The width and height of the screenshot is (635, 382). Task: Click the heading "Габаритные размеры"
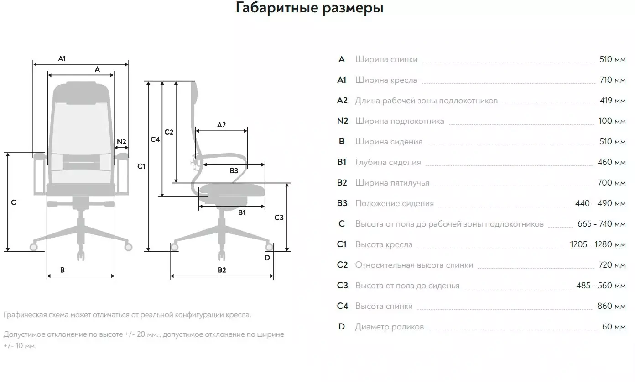pyautogui.click(x=309, y=8)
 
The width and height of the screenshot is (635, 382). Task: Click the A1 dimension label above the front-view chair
pyautogui.click(x=62, y=58)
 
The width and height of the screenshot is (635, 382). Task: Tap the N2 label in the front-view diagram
pyautogui.click(x=121, y=141)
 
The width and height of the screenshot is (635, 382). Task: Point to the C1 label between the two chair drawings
pyautogui.click(x=141, y=166)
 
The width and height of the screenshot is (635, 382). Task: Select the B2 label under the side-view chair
pyautogui.click(x=222, y=270)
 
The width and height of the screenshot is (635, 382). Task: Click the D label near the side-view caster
pyautogui.click(x=267, y=257)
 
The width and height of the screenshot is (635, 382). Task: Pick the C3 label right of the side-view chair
pyautogui.click(x=279, y=218)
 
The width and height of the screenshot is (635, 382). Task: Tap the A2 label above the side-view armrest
pyautogui.click(x=221, y=125)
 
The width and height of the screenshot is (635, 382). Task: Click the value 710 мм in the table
pyautogui.click(x=612, y=80)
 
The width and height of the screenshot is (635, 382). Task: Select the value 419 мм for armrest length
pyautogui.click(x=612, y=101)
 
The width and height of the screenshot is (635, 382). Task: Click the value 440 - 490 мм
pyautogui.click(x=600, y=203)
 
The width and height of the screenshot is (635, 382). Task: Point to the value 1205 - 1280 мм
pyautogui.click(x=598, y=244)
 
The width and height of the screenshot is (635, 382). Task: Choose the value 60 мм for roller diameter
pyautogui.click(x=614, y=327)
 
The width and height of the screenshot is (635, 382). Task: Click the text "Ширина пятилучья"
pyautogui.click(x=392, y=183)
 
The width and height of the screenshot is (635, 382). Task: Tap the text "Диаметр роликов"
pyautogui.click(x=389, y=327)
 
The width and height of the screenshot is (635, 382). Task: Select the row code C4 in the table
pyautogui.click(x=342, y=306)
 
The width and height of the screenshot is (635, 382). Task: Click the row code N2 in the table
pyautogui.click(x=342, y=121)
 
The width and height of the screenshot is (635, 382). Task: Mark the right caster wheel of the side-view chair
pyautogui.click(x=269, y=248)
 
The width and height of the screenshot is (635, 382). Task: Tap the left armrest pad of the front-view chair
pyautogui.click(x=40, y=156)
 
